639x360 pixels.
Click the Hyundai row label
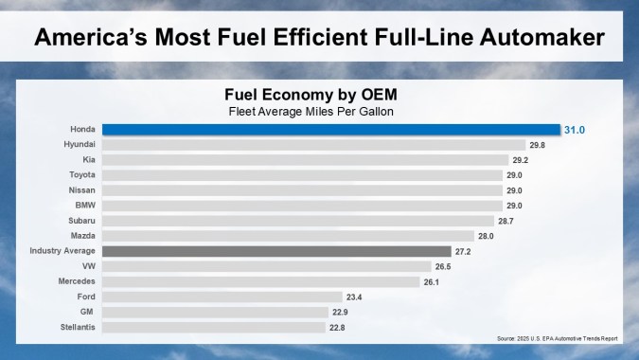(78, 144)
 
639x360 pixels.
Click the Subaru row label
(80, 220)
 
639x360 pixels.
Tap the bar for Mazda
(288, 236)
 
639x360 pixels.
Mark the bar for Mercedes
(261, 281)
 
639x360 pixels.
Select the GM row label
(86, 312)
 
